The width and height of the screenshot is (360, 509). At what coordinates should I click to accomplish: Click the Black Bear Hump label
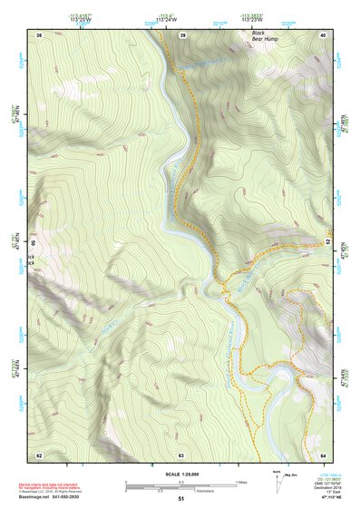point(264,37)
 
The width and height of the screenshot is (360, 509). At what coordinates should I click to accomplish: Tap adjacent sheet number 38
point(39,34)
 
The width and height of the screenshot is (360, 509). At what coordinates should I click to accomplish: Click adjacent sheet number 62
point(39,455)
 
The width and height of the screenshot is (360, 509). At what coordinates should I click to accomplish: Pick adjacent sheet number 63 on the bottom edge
point(181,455)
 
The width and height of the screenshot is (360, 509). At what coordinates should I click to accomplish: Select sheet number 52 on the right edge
point(327,241)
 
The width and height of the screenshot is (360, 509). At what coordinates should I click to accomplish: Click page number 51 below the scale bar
point(181,498)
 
